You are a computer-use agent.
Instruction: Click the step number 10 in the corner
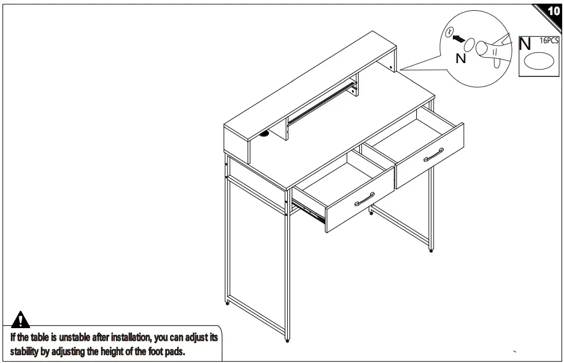pos(554,11)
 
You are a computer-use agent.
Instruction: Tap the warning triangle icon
pos(20,320)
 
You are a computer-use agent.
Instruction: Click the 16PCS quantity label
pos(549,41)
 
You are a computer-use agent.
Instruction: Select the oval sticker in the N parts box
pos(539,61)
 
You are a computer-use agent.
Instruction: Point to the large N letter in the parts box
pos(525,44)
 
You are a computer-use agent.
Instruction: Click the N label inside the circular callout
pos(461,58)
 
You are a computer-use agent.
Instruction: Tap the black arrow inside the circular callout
pos(458,38)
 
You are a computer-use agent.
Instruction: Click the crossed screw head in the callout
pos(449,32)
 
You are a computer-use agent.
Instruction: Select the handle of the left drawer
pos(365,199)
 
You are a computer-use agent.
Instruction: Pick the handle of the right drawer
pos(433,154)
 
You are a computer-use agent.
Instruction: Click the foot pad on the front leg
pos(287,340)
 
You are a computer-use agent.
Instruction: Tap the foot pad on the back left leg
pos(228,304)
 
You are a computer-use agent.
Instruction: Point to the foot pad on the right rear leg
pos(431,251)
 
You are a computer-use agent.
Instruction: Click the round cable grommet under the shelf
pos(265,135)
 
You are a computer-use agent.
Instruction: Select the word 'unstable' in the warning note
pos(74,337)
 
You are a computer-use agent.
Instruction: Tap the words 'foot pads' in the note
pos(166,351)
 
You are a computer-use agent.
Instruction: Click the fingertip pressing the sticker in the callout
pos(481,48)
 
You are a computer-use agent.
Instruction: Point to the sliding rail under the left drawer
pos(308,212)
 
